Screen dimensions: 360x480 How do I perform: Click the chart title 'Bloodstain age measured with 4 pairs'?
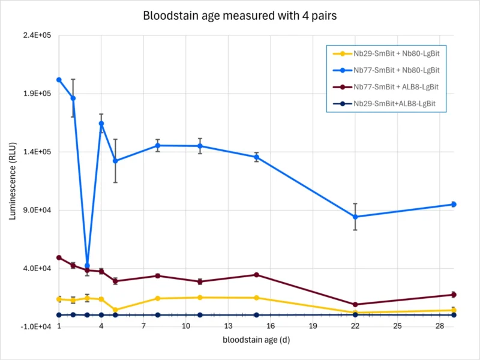239,16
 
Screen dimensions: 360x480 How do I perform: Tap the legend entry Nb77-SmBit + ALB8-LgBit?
396,87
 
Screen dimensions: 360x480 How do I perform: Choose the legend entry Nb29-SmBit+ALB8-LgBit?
394,104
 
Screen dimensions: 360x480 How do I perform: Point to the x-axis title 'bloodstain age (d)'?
257,340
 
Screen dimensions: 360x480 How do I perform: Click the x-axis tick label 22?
355,326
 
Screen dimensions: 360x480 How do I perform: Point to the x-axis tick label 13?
228,326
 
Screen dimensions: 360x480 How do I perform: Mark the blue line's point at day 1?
59,80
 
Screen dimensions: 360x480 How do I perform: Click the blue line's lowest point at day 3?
87,266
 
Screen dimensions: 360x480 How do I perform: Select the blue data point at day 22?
355,217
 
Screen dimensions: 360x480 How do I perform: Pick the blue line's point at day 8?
158,145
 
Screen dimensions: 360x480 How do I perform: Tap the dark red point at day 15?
256,275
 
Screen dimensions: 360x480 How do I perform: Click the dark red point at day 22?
355,304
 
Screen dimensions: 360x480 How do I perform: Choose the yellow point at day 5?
115,310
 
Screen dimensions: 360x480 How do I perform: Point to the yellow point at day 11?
200,298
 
